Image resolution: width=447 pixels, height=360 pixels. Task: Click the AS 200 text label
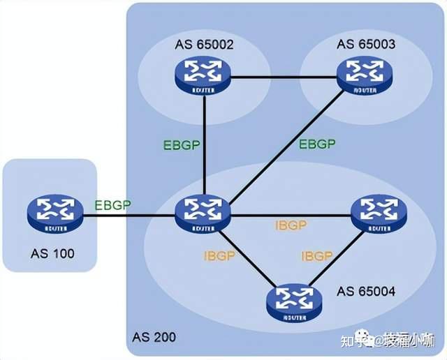point(153,338)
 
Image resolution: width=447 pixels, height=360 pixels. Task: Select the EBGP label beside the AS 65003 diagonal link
point(316,144)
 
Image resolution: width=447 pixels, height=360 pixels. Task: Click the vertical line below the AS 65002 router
point(203,140)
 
